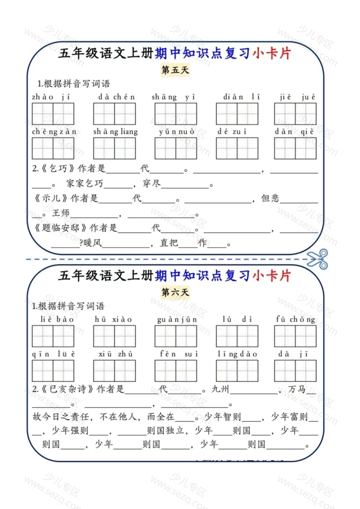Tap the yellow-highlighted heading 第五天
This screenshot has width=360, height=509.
tap(175, 70)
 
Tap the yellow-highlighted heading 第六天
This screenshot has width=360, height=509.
tap(175, 292)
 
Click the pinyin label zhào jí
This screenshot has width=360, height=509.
tap(51, 97)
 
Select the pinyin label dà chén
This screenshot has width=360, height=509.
tap(117, 97)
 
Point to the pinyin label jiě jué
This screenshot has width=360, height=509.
tap(297, 97)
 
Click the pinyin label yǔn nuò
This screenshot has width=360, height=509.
tap(176, 132)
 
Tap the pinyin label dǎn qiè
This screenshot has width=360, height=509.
tap(294, 132)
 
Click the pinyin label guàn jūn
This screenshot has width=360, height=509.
tap(177, 320)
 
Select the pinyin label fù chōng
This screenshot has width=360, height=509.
tap(295, 320)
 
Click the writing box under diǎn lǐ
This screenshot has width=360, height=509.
tap(237, 114)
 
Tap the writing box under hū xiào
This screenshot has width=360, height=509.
tap(114, 336)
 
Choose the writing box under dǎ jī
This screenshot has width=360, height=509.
tap(295, 371)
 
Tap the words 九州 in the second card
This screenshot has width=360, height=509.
tap(220, 389)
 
